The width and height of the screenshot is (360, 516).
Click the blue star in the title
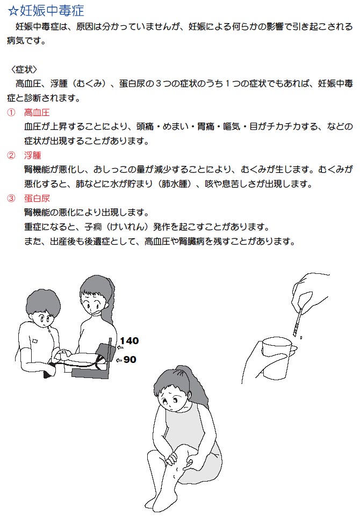coord(13,11)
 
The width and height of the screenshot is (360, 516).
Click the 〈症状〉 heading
coord(24,70)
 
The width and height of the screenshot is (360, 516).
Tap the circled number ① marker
coord(11,113)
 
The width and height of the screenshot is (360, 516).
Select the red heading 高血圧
coord(37,113)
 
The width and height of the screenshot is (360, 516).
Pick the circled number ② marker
coord(11,155)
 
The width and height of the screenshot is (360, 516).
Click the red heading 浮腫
coord(32,155)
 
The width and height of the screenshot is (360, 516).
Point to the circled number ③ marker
coord(11,198)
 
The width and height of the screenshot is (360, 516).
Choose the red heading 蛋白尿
coord(37,198)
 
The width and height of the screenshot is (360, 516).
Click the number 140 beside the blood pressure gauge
coord(129,340)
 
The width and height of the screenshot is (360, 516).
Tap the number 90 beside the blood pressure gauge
coord(130,359)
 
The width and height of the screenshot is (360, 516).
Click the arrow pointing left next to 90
coord(119,360)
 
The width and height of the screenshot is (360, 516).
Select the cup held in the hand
coord(276,358)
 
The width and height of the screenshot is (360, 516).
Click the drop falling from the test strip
coord(301,337)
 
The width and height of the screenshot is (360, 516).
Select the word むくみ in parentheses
coord(89,84)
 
